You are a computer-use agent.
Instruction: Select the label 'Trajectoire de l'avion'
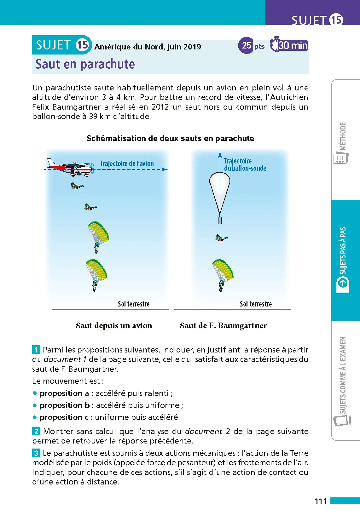pyautogui.click(x=127, y=163)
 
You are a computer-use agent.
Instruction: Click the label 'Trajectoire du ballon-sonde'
pyautogui.click(x=244, y=164)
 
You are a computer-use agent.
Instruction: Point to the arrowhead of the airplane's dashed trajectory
pyautogui.click(x=165, y=169)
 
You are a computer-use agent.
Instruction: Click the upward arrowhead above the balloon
pyautogui.click(x=220, y=154)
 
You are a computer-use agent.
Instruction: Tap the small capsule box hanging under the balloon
pyautogui.click(x=220, y=220)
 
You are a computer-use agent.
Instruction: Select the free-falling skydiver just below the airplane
pyautogui.click(x=76, y=186)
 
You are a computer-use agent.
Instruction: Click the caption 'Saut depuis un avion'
pyautogui.click(x=114, y=325)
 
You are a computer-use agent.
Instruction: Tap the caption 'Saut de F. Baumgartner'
pyautogui.click(x=223, y=325)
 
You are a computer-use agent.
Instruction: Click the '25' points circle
pyautogui.click(x=247, y=45)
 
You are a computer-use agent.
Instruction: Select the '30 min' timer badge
pyautogui.click(x=289, y=45)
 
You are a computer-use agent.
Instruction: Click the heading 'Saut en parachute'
pyautogui.click(x=85, y=64)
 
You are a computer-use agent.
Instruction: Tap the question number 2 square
pyautogui.click(x=36, y=431)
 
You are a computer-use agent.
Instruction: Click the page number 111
pyautogui.click(x=321, y=501)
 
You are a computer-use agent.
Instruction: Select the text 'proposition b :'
pyautogui.click(x=67, y=405)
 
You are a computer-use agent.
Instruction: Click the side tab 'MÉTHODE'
pyautogui.click(x=343, y=136)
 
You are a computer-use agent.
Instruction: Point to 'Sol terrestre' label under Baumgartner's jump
pyautogui.click(x=256, y=304)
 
